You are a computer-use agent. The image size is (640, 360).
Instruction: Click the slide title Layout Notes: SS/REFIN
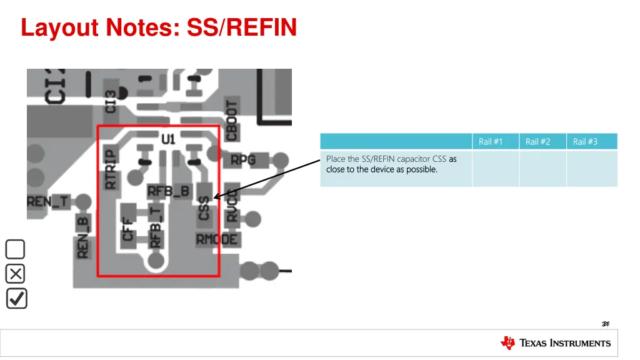[159, 27]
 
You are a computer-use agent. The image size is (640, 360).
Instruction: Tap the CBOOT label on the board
[232, 121]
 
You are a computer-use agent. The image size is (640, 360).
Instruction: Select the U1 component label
[168, 139]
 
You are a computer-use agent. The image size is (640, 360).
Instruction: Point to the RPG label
[243, 160]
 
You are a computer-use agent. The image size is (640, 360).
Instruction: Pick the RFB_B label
[167, 191]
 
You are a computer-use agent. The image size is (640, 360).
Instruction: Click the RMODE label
[217, 239]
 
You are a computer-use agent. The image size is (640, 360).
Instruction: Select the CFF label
[128, 227]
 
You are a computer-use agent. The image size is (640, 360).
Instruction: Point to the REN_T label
[47, 201]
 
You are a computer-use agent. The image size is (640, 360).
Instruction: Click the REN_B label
[82, 237]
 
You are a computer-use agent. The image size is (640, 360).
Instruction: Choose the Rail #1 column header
[491, 142]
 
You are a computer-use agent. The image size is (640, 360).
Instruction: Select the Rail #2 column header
[537, 142]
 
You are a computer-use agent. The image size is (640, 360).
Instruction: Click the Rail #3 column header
[585, 142]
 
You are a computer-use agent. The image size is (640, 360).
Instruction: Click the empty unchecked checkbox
[16, 249]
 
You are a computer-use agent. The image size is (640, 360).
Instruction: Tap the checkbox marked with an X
[16, 274]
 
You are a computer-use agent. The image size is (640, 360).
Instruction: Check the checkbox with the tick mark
[16, 298]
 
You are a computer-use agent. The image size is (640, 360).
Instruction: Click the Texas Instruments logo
[556, 342]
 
